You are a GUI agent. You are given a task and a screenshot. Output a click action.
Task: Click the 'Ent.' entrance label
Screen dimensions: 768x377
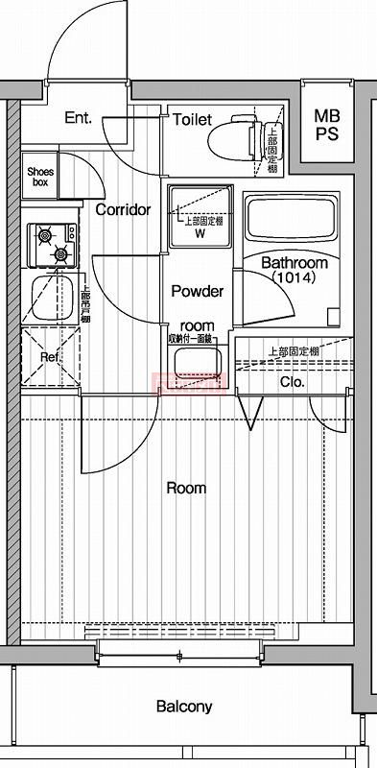click(x=77, y=118)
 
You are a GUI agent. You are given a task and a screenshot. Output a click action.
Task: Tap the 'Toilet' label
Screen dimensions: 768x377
click(x=193, y=119)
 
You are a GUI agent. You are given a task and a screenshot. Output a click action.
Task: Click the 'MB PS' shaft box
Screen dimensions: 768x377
click(x=327, y=125)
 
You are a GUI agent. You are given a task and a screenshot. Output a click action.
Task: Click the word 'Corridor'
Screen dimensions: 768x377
click(x=124, y=208)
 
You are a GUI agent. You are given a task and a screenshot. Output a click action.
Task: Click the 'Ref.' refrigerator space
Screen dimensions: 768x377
click(x=50, y=357)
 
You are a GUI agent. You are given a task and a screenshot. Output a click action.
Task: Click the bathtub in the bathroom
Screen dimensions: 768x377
click(x=290, y=219)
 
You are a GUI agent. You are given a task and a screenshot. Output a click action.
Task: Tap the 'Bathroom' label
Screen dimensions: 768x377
click(x=294, y=263)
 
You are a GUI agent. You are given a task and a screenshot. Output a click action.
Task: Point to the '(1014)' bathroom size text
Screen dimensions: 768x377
click(x=294, y=277)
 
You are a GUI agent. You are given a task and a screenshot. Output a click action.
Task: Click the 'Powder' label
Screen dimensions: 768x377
click(x=197, y=291)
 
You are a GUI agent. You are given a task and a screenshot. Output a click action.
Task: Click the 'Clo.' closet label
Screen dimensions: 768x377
click(x=292, y=381)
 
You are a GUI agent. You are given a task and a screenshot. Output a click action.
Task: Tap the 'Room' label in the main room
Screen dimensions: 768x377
click(x=186, y=488)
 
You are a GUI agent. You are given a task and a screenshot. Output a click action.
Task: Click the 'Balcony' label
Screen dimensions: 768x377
click(x=184, y=707)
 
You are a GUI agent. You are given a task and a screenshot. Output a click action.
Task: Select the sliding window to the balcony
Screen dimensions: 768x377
click(x=179, y=657)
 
